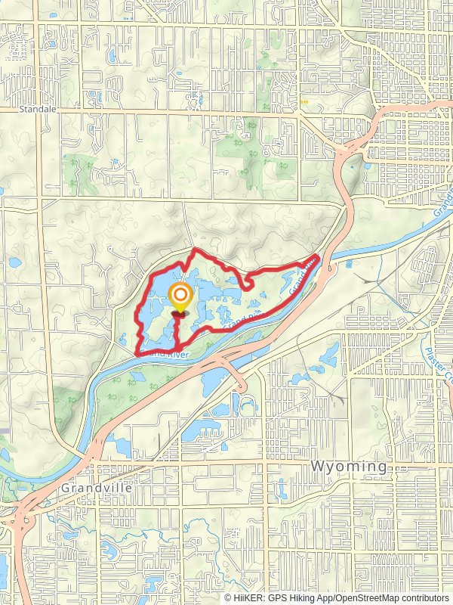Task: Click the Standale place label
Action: [x=38, y=109]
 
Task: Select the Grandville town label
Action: [x=97, y=488]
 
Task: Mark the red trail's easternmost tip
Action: [x=319, y=258]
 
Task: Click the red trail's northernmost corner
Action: [x=196, y=249]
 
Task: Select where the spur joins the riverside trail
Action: [x=177, y=348]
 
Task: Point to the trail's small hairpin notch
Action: [x=246, y=284]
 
